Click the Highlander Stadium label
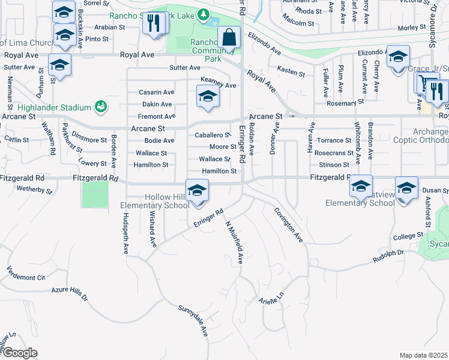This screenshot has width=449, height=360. click(45, 107)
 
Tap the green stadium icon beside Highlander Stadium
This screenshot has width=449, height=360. click(101, 107)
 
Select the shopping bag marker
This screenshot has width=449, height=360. click(229, 37)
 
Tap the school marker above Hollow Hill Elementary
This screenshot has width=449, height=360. click(197, 191)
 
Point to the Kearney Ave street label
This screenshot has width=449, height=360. click(218, 85)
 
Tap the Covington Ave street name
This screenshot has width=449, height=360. click(289, 225)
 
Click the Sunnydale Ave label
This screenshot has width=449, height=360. click(193, 320)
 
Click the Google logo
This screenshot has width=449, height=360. click(20, 352)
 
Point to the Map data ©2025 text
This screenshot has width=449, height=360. click(424, 355)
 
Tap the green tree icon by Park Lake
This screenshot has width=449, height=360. click(204, 14)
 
